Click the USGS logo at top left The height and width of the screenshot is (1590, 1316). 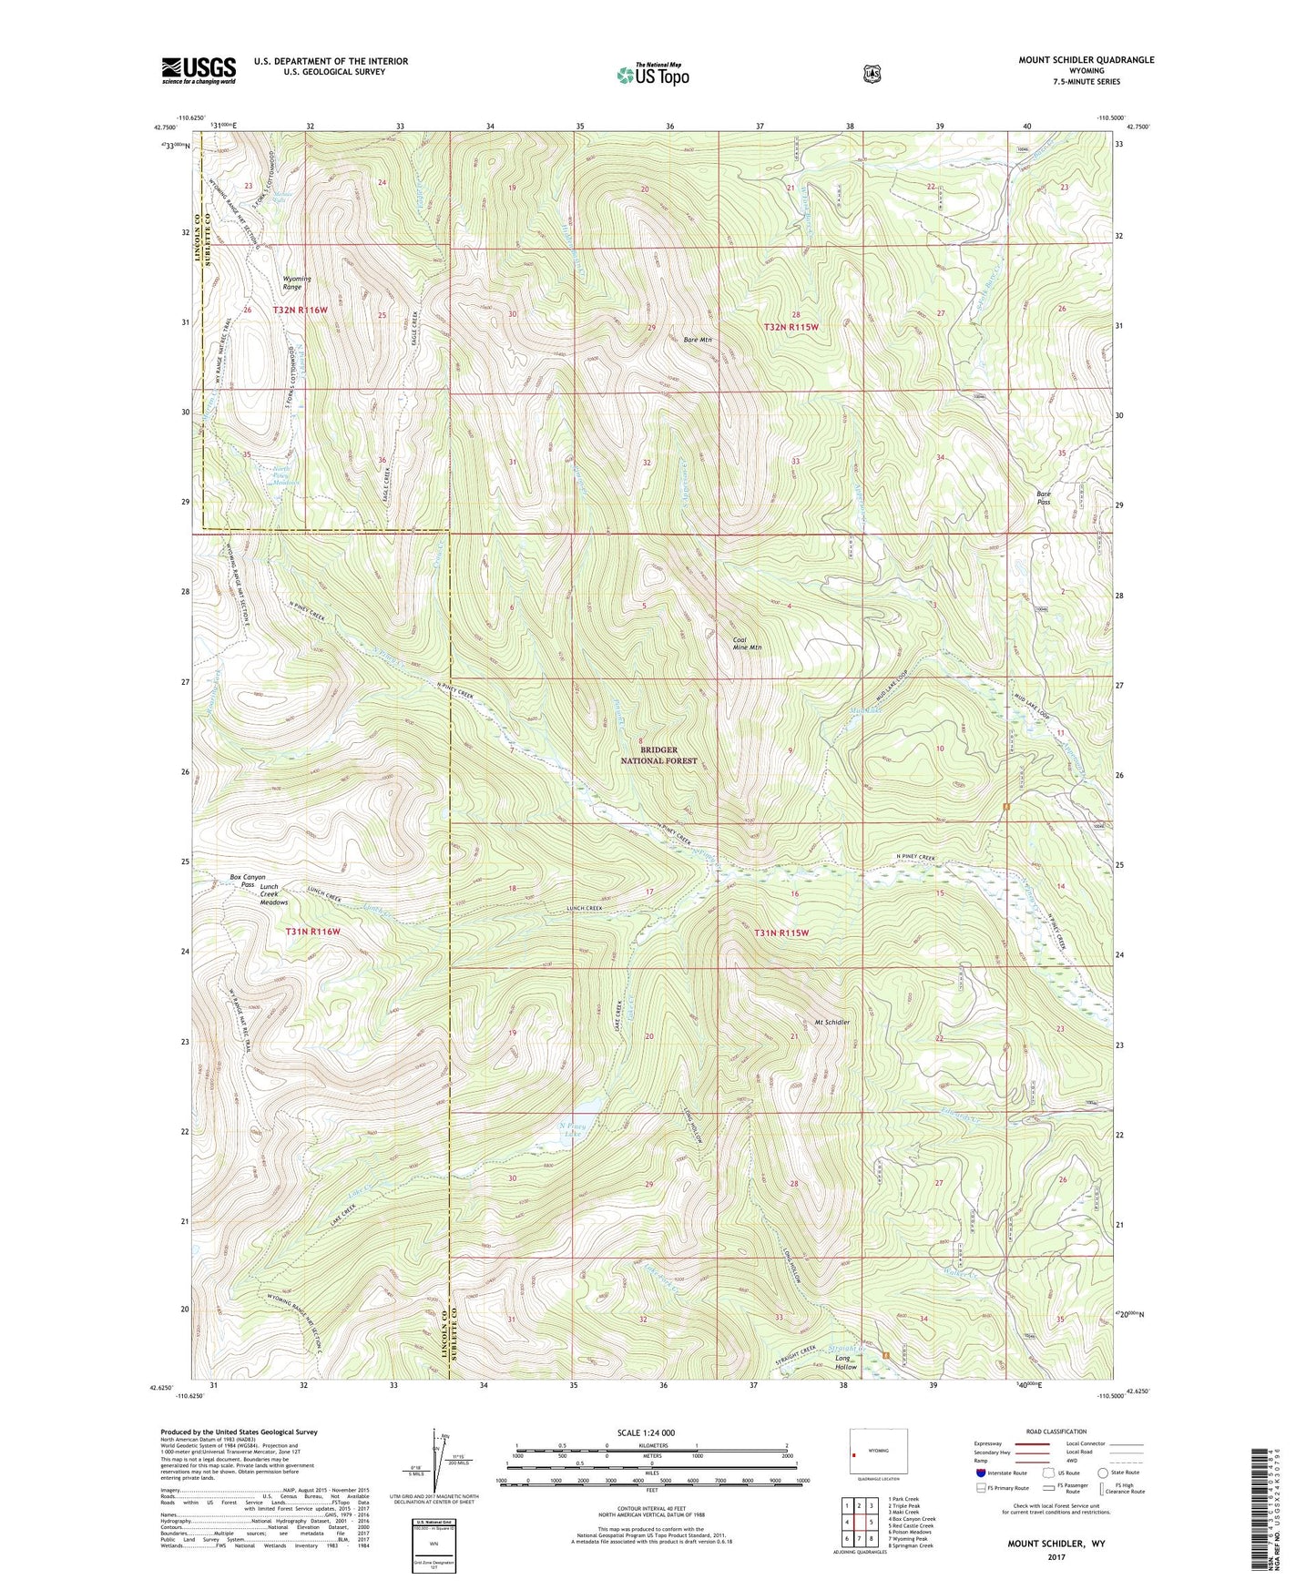199,70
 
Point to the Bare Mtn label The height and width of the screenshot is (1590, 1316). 698,340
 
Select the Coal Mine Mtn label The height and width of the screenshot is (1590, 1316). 747,643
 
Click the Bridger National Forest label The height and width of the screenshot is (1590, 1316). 658,755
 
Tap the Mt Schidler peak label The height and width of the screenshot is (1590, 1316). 827,1022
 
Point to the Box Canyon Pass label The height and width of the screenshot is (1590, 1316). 247,881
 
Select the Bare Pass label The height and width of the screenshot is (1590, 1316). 1044,498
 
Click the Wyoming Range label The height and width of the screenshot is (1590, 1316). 297,282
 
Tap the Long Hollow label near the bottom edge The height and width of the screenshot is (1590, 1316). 846,1362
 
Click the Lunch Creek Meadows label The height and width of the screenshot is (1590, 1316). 273,894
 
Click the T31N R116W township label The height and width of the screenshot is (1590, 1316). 312,932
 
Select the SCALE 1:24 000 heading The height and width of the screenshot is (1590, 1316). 646,1432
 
